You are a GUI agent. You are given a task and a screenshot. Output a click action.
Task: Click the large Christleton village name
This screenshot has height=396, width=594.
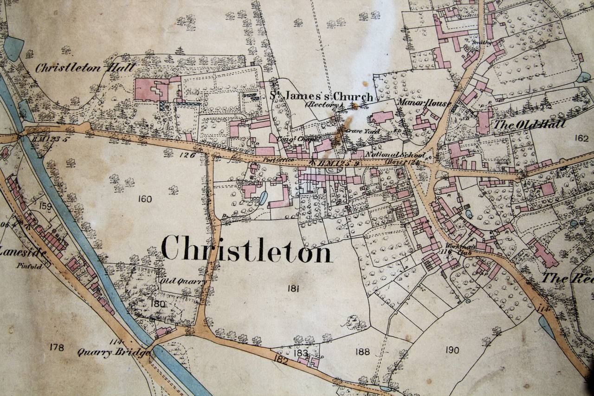tap(247, 249)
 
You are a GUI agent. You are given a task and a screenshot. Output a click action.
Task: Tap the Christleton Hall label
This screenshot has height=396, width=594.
tap(85, 68)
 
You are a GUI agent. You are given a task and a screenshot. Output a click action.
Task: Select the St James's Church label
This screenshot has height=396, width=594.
tap(322, 97)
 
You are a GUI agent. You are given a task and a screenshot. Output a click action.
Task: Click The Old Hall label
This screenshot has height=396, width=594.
tap(529, 124)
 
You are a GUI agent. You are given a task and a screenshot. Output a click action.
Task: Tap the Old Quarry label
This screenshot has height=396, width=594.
tap(176, 281)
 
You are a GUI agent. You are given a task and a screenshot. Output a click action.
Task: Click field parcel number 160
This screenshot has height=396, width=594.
tap(145, 199)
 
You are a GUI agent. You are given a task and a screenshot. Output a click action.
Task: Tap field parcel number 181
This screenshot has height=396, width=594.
tap(293, 289)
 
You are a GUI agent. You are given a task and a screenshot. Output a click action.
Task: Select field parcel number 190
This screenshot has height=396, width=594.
tap(452, 350)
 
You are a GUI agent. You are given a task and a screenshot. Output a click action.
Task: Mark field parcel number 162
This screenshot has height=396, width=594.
tap(581, 138)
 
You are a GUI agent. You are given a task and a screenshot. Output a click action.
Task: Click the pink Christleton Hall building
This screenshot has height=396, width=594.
tap(151, 89)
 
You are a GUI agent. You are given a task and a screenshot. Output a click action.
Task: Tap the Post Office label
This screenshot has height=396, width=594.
tap(272, 160)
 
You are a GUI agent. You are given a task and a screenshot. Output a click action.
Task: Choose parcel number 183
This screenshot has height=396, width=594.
tap(301, 354)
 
